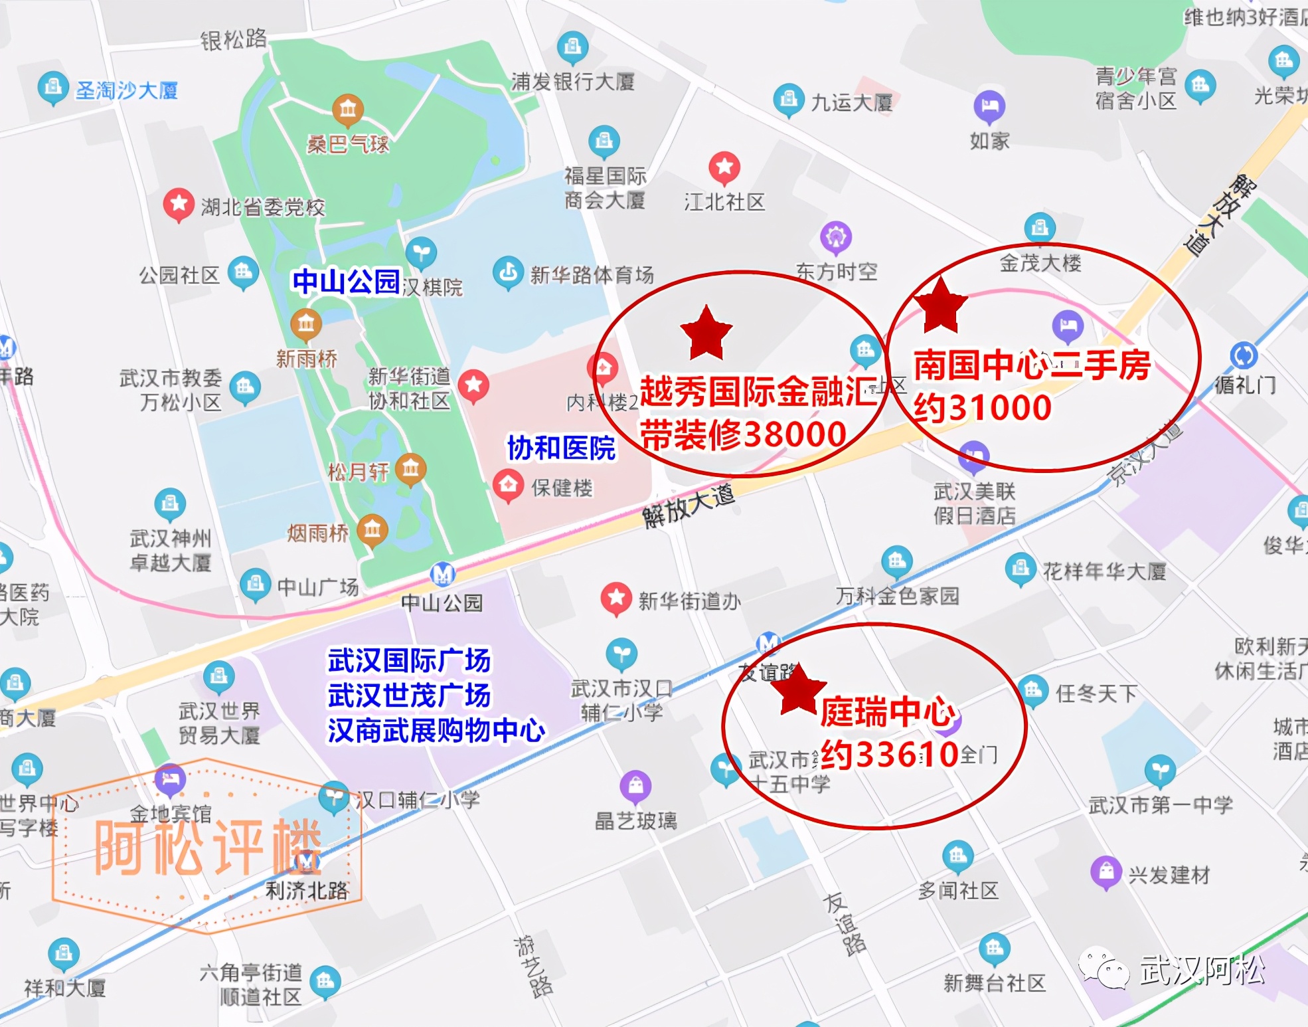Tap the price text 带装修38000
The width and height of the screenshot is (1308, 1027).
click(x=743, y=435)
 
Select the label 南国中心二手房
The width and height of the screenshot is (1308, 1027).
click(x=1032, y=365)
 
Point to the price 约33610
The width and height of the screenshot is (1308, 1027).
click(x=890, y=755)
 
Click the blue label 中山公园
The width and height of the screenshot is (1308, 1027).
click(x=346, y=281)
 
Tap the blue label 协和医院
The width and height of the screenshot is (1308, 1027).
click(x=561, y=448)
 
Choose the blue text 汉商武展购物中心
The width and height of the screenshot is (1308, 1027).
click(x=436, y=731)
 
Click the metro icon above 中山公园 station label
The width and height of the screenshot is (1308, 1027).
click(x=442, y=573)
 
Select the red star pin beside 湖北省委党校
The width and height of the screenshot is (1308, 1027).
click(x=179, y=203)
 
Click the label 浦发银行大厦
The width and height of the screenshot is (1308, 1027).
click(x=572, y=82)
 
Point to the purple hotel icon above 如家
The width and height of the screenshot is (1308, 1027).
click(x=989, y=105)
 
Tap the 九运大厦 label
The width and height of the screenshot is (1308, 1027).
click(x=852, y=102)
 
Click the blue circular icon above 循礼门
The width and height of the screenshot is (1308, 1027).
click(x=1244, y=355)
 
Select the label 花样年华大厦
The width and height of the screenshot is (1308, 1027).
click(x=1104, y=571)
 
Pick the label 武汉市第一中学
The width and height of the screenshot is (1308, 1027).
click(x=1161, y=805)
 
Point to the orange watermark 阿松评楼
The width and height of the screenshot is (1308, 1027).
click(x=208, y=846)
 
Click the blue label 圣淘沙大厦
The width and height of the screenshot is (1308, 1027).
click(x=127, y=90)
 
